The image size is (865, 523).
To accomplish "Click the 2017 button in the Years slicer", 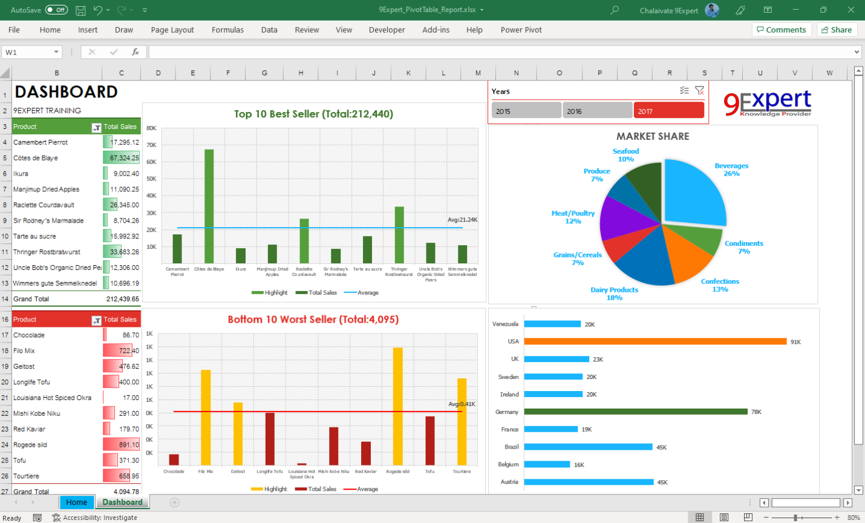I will [668, 111].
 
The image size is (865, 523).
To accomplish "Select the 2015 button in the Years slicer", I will [526, 111].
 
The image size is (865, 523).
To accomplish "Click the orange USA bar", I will [655, 341].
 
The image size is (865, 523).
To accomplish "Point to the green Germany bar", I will [635, 412].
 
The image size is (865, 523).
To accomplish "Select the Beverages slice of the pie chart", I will [696, 191].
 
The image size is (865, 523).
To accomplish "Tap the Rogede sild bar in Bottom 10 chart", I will [397, 406].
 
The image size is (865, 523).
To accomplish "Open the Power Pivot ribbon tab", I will [521, 30].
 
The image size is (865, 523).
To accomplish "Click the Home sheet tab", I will [76, 502].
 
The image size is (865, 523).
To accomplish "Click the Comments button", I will [781, 30].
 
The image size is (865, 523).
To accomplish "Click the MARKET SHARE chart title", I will [653, 136].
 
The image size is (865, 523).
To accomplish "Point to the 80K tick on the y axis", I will [151, 128].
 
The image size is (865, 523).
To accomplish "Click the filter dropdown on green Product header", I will [96, 127].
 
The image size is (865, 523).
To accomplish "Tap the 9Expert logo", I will [767, 103].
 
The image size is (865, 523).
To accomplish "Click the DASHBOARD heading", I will [66, 92].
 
